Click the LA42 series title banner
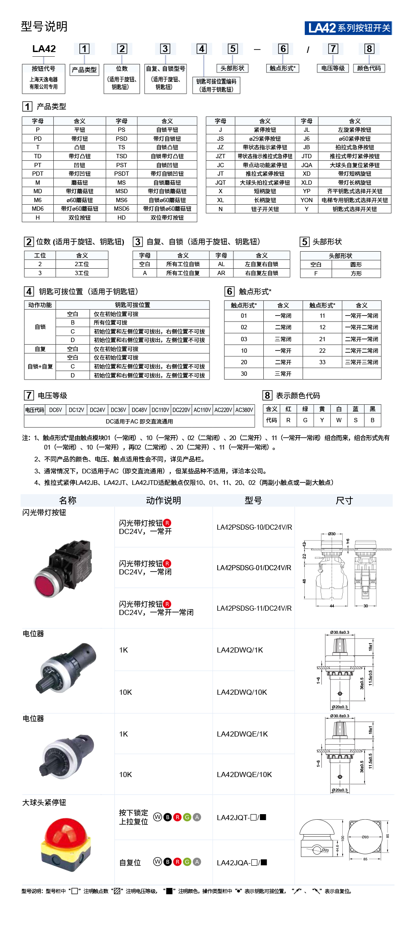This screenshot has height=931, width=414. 348,28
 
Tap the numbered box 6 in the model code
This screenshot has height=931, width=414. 283,49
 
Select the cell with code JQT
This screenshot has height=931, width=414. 220,183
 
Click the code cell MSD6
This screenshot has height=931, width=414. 122,209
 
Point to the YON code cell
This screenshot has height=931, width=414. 306,200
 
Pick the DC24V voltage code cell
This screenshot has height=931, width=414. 97,410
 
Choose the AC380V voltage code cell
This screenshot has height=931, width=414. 244,410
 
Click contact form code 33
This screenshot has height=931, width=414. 322,362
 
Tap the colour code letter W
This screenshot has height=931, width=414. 339,420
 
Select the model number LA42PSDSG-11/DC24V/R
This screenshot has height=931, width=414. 254,608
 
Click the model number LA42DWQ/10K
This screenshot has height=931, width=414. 242,692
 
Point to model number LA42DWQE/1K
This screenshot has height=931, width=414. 242,734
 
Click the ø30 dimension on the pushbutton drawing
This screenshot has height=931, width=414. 332,534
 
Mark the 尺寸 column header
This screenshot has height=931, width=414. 344,500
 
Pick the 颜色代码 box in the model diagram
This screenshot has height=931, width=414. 369,68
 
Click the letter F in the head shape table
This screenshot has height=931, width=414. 316,273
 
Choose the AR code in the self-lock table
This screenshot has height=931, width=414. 221,273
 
